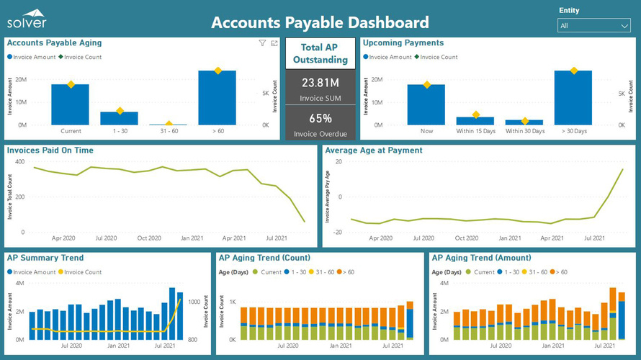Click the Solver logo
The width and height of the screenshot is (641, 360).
[x=27, y=19]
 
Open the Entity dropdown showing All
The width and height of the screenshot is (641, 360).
[x=594, y=25]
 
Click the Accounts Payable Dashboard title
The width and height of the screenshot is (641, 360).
[x=320, y=22]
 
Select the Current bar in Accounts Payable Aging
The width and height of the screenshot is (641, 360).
[x=70, y=104]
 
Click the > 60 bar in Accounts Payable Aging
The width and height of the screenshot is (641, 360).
[x=217, y=97]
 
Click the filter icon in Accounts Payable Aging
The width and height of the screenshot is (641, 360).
[x=263, y=43]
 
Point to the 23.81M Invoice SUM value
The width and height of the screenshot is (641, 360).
[x=320, y=82]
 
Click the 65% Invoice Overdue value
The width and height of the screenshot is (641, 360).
[x=320, y=118]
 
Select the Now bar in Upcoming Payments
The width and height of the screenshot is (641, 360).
[x=426, y=104]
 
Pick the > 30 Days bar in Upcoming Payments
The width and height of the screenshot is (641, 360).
[x=573, y=97]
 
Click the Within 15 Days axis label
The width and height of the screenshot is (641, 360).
[x=475, y=131]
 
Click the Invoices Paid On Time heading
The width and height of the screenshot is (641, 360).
[x=60, y=150]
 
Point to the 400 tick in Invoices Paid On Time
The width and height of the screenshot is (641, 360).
[x=19, y=161]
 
